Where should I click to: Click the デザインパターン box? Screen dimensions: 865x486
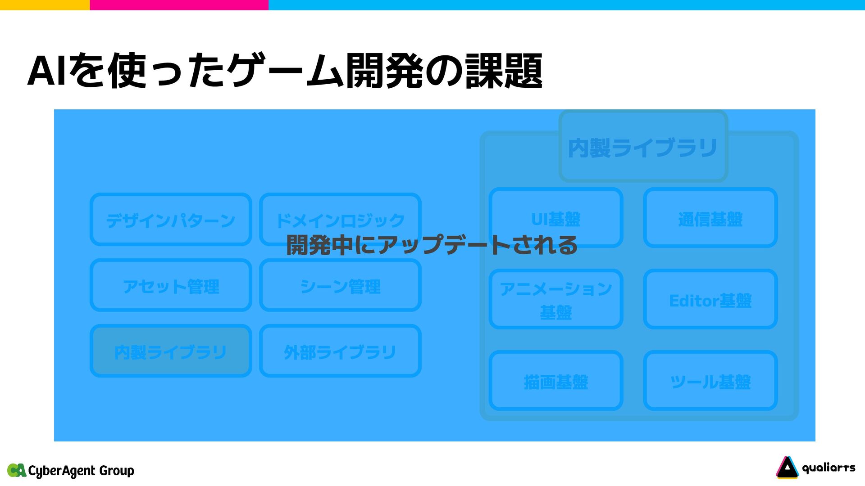click(171, 220)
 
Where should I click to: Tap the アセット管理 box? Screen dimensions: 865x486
click(171, 285)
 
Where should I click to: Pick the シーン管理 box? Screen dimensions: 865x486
click(340, 285)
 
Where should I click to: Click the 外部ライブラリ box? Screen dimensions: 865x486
click(340, 351)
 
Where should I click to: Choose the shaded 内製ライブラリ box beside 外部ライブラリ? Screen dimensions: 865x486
click(171, 351)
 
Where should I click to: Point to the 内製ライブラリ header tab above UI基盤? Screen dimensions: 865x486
click(643, 147)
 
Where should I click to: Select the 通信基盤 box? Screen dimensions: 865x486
click(710, 218)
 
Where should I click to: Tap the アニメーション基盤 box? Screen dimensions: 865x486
click(556, 299)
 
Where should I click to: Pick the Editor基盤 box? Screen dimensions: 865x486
click(710, 299)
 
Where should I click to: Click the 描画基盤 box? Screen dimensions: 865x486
click(556, 381)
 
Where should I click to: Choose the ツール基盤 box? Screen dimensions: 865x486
click(710, 381)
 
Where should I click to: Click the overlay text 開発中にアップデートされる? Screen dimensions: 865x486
click(432, 245)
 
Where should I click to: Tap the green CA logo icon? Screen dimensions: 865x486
click(17, 470)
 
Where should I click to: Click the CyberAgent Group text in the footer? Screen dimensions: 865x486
click(81, 471)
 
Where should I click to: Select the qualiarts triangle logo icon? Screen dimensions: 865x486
click(787, 468)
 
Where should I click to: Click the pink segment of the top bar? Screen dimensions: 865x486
click(179, 5)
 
